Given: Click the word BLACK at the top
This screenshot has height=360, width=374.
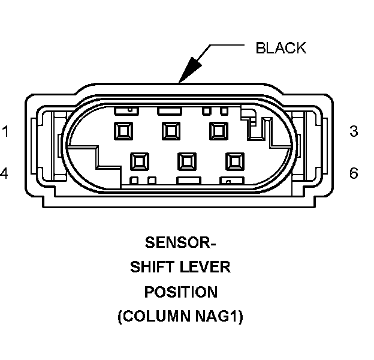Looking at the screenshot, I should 280,48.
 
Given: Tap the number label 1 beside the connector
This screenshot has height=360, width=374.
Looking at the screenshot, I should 5,131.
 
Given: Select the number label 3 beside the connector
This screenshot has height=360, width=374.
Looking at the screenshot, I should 354,131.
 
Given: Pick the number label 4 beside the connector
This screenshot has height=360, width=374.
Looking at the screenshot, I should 4,173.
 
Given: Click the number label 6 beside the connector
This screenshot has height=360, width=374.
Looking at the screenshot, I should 354,173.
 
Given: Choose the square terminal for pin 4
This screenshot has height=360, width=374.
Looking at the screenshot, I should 140,160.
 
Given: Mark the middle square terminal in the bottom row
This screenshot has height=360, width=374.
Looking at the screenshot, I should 187,160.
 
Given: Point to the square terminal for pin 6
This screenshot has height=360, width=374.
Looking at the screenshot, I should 234,160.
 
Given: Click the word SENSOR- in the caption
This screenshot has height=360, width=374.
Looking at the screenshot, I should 180,244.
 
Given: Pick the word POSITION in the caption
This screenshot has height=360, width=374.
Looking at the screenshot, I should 180,292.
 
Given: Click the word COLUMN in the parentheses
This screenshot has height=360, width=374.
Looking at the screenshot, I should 157,317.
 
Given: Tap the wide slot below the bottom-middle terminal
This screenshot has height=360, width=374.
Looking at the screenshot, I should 188,180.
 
